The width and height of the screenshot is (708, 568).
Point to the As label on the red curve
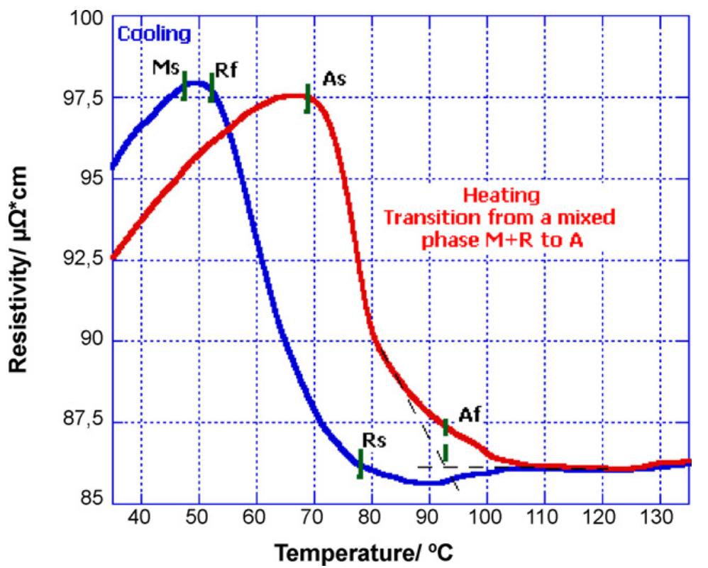pos(333,79)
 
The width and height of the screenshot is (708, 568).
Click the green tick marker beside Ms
pos(184,86)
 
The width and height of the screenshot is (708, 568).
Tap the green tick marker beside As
pos(307,98)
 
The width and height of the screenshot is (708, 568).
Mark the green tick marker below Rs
pos(360,464)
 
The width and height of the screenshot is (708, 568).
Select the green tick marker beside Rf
pos(211,87)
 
